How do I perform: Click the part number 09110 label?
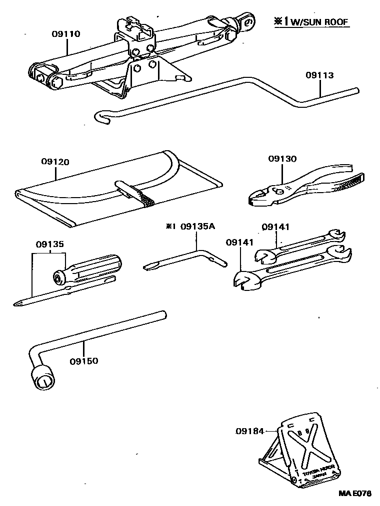pyautogui.click(x=66, y=34)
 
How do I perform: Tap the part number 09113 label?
pyautogui.click(x=320, y=75)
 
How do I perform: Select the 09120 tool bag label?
pyautogui.click(x=55, y=162)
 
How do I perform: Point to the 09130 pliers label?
pyautogui.click(x=282, y=159)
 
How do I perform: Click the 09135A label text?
pyautogui.click(x=197, y=226)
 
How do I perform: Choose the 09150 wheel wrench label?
pyautogui.click(x=83, y=360)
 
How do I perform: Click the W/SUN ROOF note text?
pyautogui.click(x=318, y=22)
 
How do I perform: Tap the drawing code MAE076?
pyautogui.click(x=355, y=494)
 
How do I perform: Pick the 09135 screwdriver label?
pyautogui.click(x=49, y=245)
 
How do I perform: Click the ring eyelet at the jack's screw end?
pyautogui.click(x=247, y=21)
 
